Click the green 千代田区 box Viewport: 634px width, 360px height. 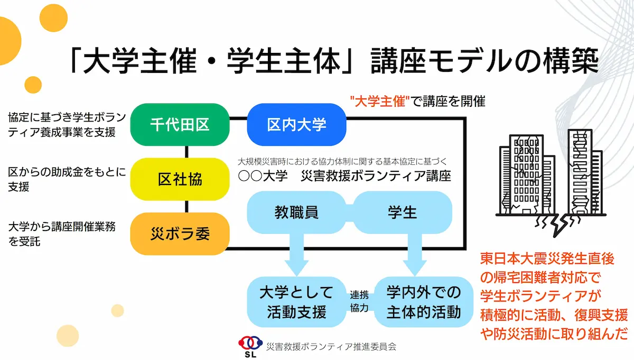180,125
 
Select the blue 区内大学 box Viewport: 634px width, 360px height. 296,125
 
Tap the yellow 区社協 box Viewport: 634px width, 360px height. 180,179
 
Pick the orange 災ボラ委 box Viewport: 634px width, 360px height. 180,234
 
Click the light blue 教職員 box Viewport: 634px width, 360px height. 296,213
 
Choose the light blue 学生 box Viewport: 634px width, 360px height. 403,213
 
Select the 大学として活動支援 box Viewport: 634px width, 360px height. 296,302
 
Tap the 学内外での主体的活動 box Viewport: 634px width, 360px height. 423,302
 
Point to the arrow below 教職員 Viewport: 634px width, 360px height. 296,254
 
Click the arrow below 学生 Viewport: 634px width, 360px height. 415,254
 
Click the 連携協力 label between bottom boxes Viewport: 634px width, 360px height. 359,301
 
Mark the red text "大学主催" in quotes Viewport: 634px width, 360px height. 379,101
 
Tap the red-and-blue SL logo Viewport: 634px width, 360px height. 250,346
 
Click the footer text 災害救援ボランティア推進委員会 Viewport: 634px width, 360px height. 331,347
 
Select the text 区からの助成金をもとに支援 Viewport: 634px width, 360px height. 67,179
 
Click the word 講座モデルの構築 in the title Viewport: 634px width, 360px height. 484,61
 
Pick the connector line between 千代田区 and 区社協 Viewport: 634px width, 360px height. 187,152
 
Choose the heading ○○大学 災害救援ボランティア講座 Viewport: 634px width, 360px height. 344,176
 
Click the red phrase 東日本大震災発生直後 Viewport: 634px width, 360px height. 547,259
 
